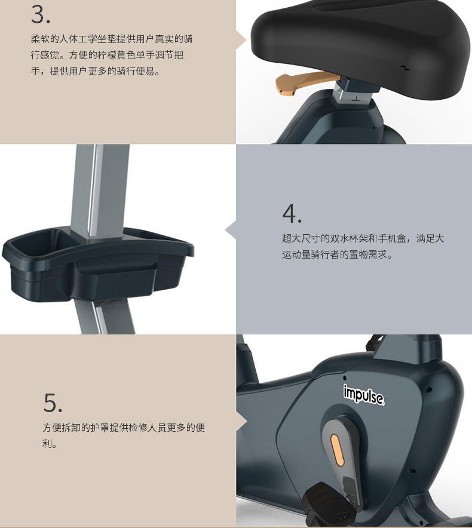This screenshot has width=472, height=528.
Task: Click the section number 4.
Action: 292,213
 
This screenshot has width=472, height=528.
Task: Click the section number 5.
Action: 53,403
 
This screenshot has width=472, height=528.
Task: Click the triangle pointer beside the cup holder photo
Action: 230,230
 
